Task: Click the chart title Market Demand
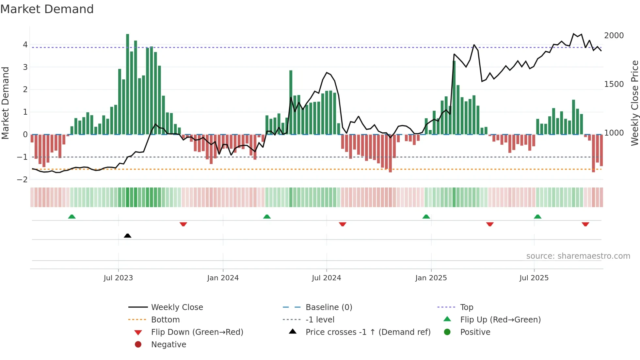click(47, 9)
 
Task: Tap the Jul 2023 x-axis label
click(118, 278)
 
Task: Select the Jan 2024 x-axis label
click(223, 278)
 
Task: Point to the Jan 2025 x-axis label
click(431, 278)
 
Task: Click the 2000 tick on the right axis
click(614, 36)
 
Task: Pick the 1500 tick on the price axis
click(614, 84)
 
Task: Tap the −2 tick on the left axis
click(22, 179)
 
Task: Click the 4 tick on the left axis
click(25, 45)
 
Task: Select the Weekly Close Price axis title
click(634, 103)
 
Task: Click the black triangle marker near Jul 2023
click(128, 236)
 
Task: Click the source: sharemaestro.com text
click(578, 256)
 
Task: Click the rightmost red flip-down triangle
click(585, 224)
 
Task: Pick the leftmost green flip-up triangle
click(72, 217)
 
